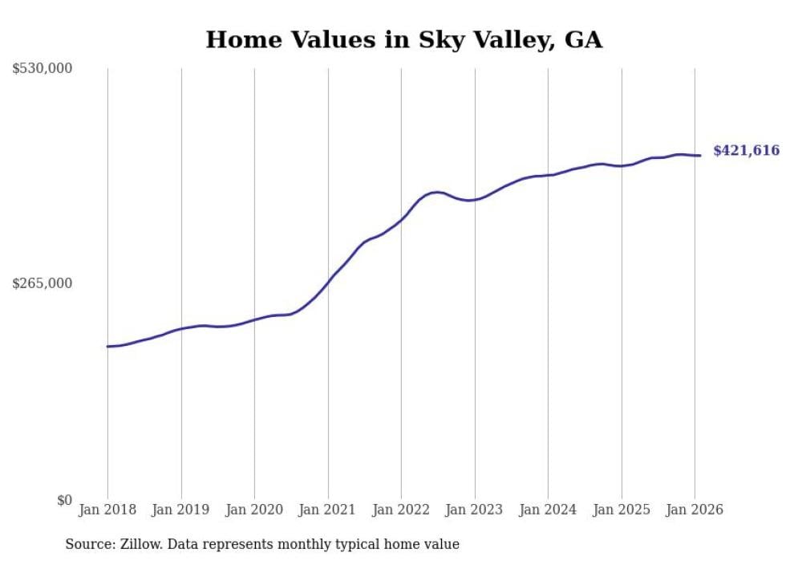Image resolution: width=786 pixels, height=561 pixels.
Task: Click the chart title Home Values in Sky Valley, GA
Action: click(x=403, y=39)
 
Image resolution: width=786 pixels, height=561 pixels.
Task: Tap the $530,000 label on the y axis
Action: click(x=43, y=69)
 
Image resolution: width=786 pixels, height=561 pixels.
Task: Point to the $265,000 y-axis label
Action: click(x=43, y=283)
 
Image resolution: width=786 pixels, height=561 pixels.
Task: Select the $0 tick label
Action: click(x=64, y=500)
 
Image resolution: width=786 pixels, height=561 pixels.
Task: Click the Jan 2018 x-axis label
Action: click(x=107, y=510)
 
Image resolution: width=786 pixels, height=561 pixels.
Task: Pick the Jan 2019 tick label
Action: click(x=181, y=510)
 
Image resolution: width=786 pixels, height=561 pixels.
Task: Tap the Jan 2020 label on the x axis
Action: click(x=254, y=510)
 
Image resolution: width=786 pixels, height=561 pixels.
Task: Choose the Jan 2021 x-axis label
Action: click(x=328, y=510)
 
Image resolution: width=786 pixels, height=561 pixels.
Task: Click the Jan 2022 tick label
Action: click(x=401, y=510)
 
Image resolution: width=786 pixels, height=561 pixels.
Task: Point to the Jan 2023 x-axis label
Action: click(x=475, y=510)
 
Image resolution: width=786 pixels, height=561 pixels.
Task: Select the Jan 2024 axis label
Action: click(x=548, y=510)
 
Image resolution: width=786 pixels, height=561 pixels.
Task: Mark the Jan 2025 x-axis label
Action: click(x=622, y=510)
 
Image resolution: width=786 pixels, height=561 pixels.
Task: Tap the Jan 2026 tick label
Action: click(x=695, y=510)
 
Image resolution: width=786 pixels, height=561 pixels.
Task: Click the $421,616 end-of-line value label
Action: click(x=746, y=150)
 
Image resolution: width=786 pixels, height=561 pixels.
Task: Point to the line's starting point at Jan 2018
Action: click(x=107, y=347)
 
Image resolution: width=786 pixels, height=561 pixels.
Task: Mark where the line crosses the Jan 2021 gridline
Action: click(x=328, y=283)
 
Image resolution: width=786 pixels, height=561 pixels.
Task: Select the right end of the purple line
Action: click(x=701, y=156)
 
